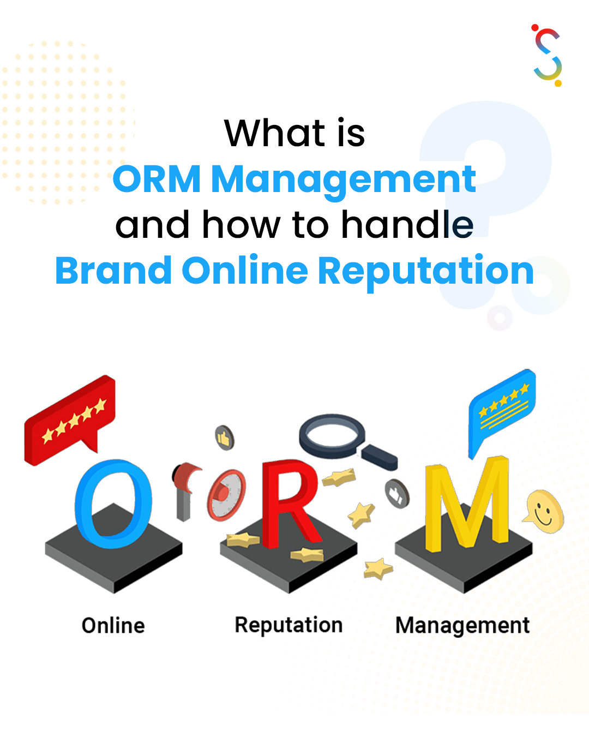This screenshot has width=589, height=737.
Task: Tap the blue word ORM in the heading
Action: (157, 178)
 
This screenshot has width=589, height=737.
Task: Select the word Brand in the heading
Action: (113, 271)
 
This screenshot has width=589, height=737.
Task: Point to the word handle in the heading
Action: (407, 224)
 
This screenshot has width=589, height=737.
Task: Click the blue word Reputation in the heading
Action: (426, 273)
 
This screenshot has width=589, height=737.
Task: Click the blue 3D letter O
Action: (113, 504)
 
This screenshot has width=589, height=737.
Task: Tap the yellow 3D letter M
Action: (467, 504)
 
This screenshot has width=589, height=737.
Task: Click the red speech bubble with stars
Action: (69, 421)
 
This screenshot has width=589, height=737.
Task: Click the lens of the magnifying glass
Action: (332, 436)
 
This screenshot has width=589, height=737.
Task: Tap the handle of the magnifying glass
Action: (380, 458)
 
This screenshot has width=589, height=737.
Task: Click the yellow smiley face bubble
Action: (544, 511)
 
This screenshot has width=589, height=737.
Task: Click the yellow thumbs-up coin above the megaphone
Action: (225, 438)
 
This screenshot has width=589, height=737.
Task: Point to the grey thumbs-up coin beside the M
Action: (397, 494)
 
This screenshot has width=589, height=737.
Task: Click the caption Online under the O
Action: (113, 625)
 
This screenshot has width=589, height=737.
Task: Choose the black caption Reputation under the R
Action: (289, 625)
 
